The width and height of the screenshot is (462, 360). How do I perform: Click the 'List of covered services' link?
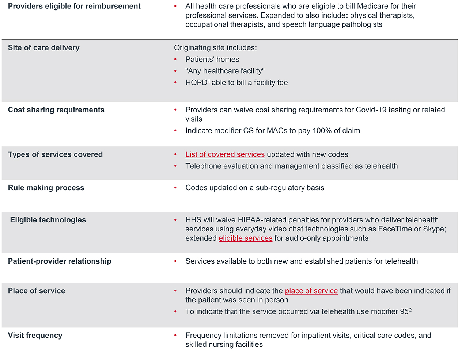tap(225, 154)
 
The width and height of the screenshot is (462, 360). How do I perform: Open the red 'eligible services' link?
tap(245, 238)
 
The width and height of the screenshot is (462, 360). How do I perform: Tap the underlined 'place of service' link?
tap(311, 291)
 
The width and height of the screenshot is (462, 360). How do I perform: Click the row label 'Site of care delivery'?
tap(43, 48)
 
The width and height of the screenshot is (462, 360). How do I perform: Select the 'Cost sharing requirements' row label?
tap(56, 110)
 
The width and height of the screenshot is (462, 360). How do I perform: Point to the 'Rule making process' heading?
tap(46, 188)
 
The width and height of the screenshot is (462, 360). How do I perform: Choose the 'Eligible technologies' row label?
tap(48, 220)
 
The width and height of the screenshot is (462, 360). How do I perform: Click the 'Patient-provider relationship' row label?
tap(60, 261)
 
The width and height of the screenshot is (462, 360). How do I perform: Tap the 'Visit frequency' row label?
tap(35, 335)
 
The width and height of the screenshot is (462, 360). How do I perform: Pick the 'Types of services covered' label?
tap(55, 154)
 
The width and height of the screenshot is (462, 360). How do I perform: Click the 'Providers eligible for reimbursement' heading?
tap(74, 6)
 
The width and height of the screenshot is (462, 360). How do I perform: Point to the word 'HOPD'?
tap(196, 83)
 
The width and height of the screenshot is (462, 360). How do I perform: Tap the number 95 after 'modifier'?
tap(404, 311)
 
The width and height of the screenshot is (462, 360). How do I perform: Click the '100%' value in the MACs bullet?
tap(321, 131)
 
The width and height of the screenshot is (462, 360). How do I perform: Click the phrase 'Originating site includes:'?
tap(215, 48)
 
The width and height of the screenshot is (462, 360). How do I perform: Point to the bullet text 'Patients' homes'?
tap(212, 60)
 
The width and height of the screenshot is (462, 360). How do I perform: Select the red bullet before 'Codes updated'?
tap(175, 188)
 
